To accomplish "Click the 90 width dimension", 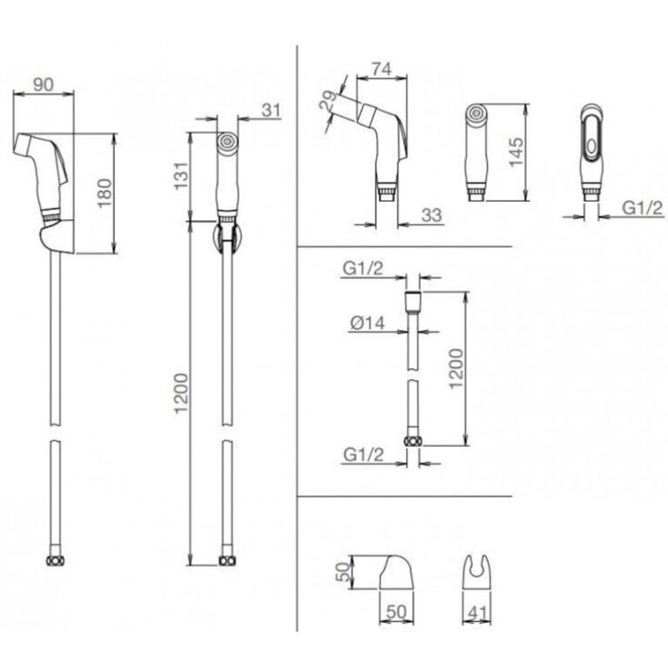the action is [43, 83].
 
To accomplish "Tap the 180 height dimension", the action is [104, 193].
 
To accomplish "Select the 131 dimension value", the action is [181, 175].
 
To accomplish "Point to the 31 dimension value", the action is [271, 110].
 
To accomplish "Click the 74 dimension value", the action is [381, 69].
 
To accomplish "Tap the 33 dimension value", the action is [431, 216].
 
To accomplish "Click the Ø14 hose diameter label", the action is [367, 324].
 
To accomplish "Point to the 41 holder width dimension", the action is [477, 613].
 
